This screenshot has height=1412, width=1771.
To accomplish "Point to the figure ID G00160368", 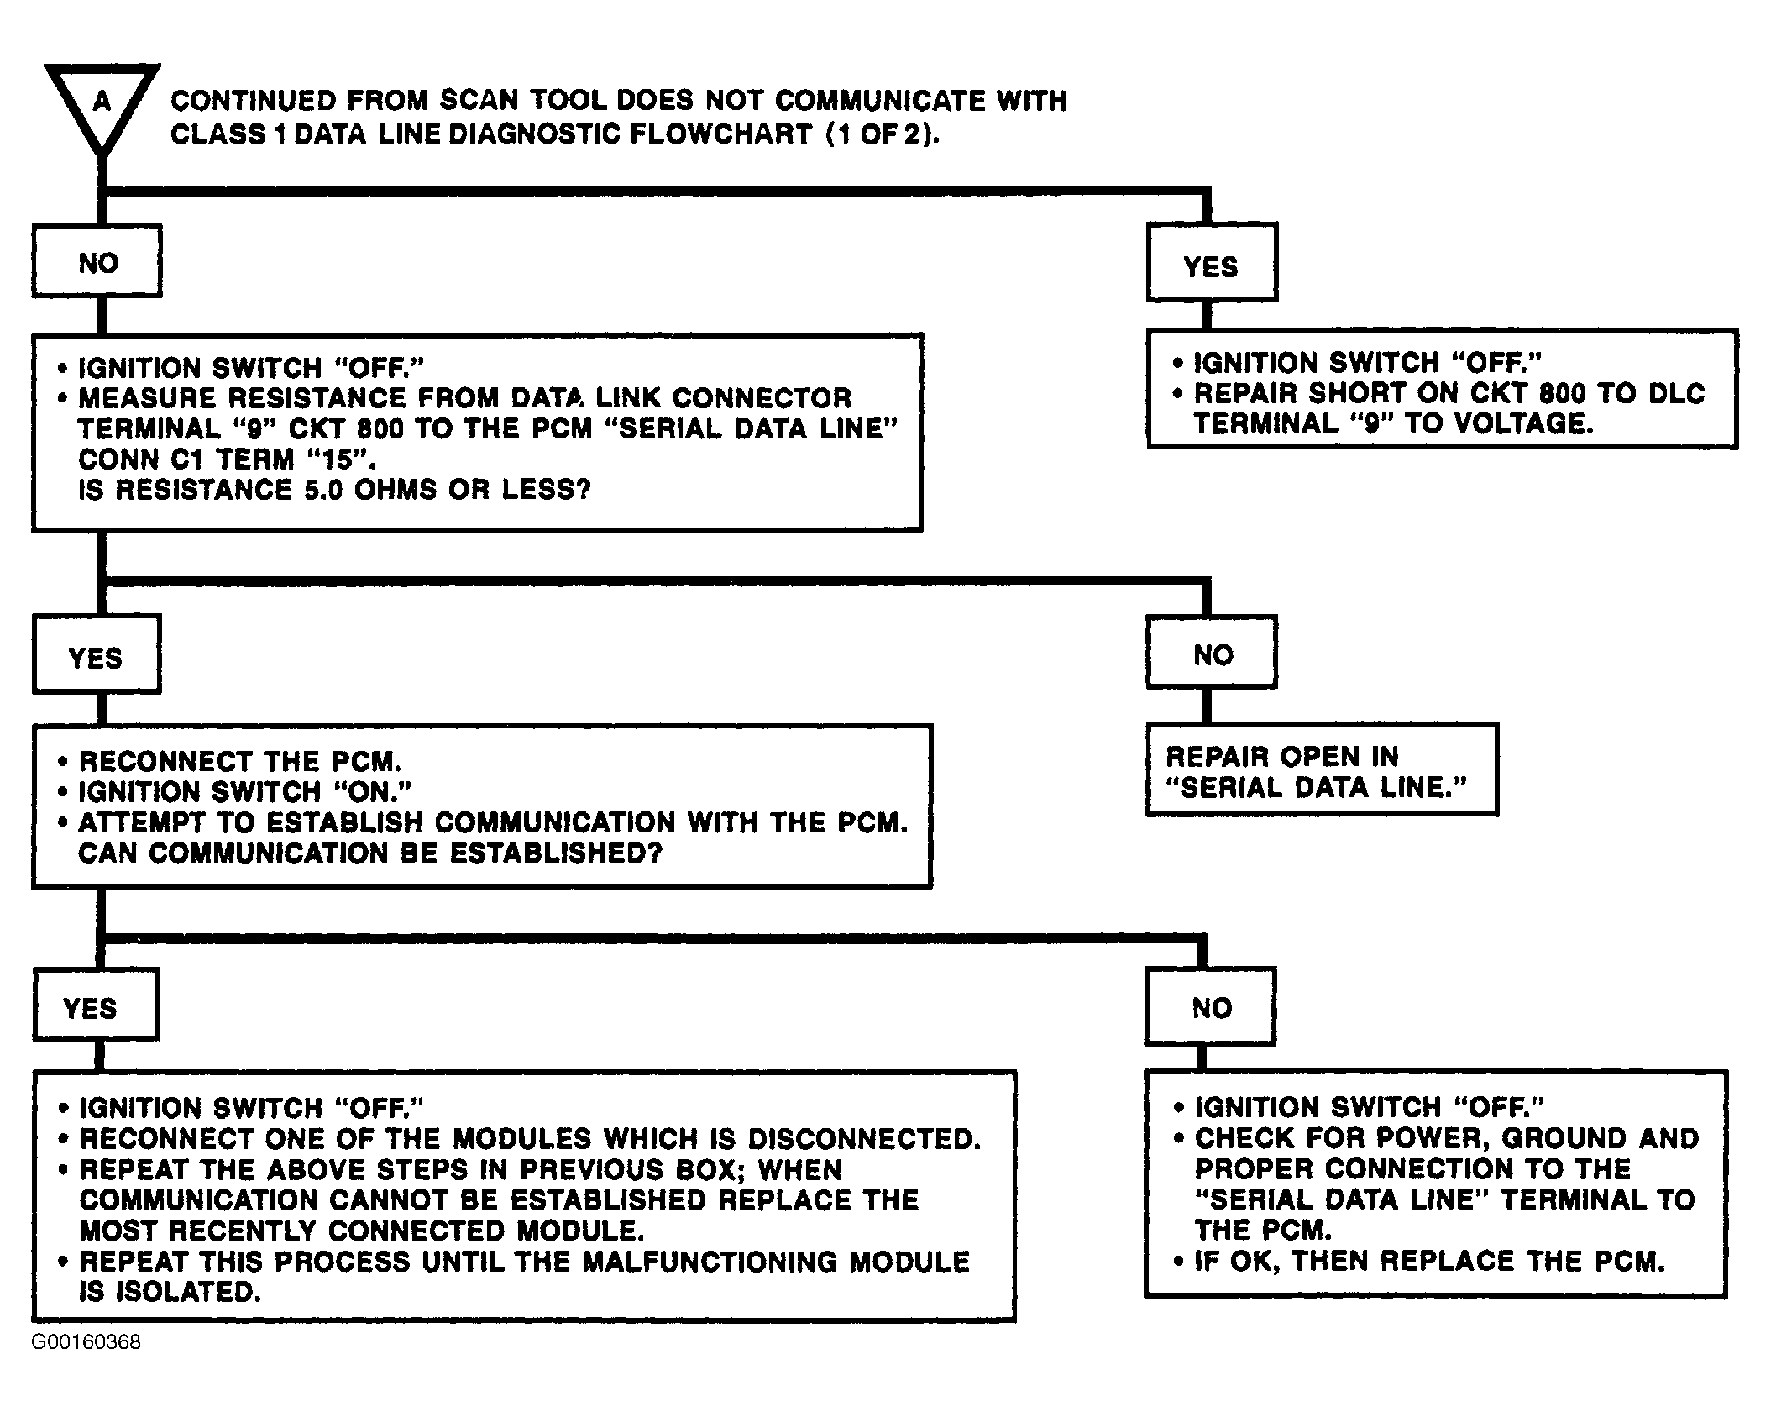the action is coord(86,1342).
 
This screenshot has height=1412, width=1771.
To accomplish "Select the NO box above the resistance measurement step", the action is coord(97,260).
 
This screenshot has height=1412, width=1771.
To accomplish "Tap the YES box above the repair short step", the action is coord(1212,262).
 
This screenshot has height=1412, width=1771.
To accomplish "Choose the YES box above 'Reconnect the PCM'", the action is coord(97,654).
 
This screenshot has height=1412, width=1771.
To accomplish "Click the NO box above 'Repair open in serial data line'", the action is coord(1212,652).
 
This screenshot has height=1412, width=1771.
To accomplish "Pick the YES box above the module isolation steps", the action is coord(96,1005).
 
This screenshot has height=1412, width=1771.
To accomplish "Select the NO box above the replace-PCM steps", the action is coord(1210,1006).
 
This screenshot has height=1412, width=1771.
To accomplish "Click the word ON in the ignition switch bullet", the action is coord(369,791).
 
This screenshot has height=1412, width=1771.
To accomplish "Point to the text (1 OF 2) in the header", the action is coord(881,134).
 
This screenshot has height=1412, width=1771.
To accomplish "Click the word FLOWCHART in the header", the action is coord(720,134).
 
